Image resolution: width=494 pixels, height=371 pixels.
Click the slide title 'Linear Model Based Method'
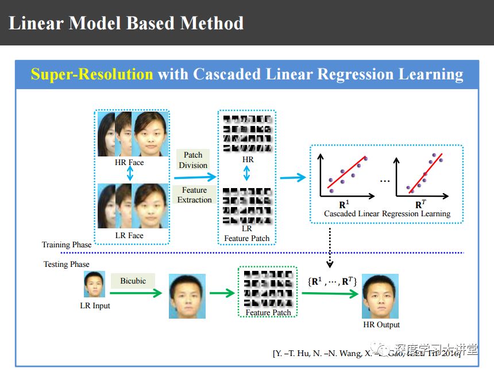point(126,23)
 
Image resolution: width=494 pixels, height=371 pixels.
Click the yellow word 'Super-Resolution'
point(92,75)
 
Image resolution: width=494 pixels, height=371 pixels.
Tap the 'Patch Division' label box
point(193,160)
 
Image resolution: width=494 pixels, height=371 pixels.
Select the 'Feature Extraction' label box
point(194,195)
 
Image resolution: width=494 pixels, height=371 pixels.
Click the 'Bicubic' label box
point(133,281)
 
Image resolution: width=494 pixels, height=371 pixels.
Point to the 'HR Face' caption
point(129,163)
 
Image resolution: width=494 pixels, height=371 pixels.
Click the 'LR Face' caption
point(129,235)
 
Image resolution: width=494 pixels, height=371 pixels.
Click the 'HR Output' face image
point(380,296)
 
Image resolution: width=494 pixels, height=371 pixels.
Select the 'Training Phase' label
point(67,245)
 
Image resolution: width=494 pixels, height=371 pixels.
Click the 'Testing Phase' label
point(67,265)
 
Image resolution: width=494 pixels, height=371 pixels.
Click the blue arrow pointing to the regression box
point(293,178)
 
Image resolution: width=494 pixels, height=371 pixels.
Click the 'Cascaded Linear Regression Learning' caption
point(387,214)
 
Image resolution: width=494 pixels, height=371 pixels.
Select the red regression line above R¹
point(346,170)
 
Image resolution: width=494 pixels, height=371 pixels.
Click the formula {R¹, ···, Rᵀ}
point(333,281)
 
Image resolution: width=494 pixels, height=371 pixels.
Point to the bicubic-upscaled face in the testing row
point(187,296)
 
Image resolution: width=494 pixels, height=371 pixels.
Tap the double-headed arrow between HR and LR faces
point(130,174)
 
